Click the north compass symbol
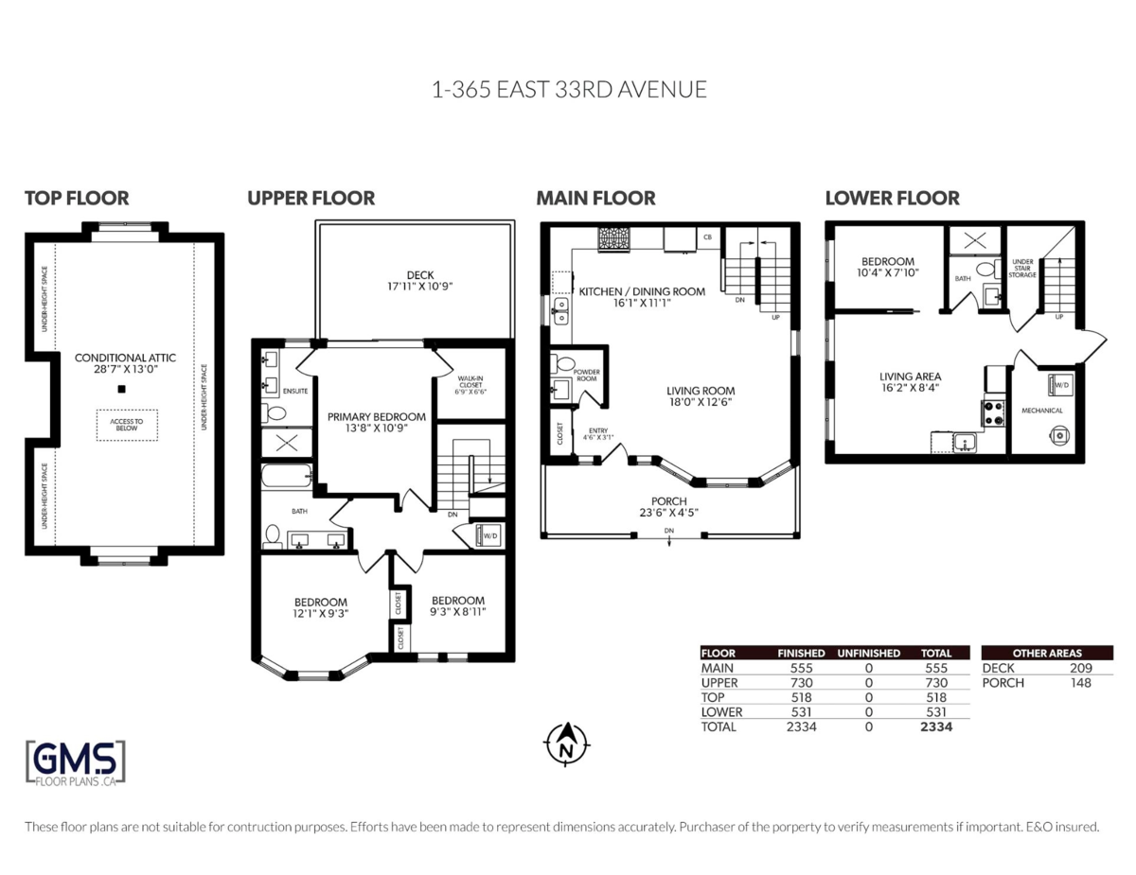[x=566, y=744]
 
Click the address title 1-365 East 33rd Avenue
[x=569, y=90]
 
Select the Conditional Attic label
[x=126, y=358]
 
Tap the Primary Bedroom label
[x=376, y=416]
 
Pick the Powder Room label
[x=587, y=375]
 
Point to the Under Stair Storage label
[x=1022, y=268]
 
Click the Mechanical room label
[x=1041, y=411]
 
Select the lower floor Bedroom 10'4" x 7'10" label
[x=888, y=267]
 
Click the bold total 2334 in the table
[x=935, y=726]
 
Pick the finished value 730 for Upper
[x=800, y=682]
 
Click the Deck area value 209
[x=1079, y=668]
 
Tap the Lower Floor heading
[x=892, y=198]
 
